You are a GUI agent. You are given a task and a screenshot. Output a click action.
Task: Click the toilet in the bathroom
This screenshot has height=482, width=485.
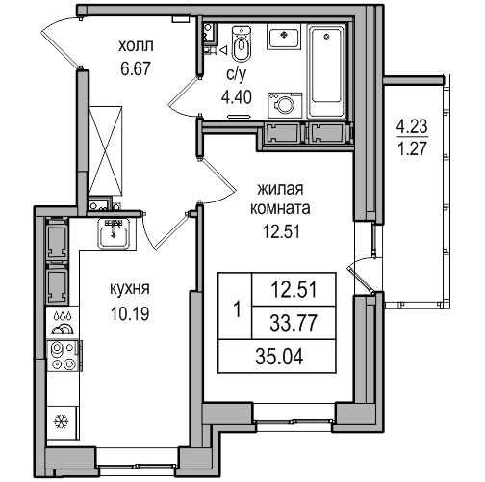(241, 43)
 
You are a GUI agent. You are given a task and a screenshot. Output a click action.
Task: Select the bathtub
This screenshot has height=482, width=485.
(326, 71)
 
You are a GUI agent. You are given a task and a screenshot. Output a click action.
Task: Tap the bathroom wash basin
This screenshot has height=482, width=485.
(284, 37)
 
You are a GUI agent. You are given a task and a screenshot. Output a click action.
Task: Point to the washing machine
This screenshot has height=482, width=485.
(285, 105)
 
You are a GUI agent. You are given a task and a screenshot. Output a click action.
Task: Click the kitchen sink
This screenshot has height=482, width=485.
(114, 233)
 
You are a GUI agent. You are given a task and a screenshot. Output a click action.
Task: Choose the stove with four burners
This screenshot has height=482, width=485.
(64, 356)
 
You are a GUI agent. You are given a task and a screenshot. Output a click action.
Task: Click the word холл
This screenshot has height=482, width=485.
(136, 46)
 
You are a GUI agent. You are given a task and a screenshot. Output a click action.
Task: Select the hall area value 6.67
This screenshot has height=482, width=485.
(136, 68)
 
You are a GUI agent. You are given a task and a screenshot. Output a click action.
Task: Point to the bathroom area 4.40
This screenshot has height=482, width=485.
(237, 97)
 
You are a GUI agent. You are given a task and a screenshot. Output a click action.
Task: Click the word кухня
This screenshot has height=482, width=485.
(130, 289)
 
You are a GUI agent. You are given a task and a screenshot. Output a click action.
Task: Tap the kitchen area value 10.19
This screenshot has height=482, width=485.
(130, 313)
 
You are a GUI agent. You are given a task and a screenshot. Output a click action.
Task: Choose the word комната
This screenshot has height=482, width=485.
(280, 209)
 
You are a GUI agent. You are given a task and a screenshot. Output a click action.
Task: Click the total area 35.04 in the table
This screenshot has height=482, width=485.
(279, 357)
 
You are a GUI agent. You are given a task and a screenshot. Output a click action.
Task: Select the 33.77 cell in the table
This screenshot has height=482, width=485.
(294, 323)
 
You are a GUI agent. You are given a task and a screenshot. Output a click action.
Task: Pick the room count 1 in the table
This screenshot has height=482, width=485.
(238, 310)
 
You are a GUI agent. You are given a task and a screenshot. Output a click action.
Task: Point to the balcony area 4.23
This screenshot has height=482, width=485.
(412, 126)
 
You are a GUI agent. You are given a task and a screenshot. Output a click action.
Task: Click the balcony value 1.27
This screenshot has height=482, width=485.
(412, 148)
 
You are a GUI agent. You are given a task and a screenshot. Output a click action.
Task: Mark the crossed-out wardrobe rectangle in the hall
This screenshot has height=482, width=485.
(106, 150)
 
